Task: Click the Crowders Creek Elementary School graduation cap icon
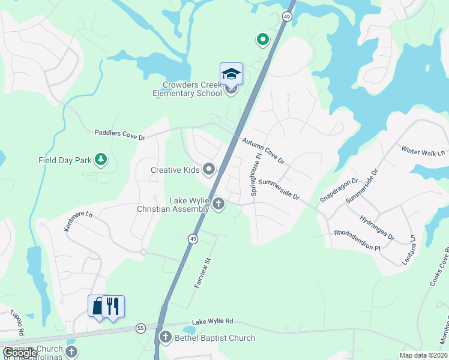(231, 74)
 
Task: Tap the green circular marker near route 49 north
(262, 40)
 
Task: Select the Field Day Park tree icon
(103, 160)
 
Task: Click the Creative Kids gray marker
(209, 170)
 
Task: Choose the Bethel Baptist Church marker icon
(165, 338)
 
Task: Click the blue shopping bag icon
(97, 306)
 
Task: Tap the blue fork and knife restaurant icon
(113, 306)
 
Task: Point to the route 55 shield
(140, 328)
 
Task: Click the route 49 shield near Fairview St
(193, 239)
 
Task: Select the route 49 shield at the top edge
(288, 17)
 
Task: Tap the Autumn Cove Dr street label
(263, 152)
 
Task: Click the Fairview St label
(204, 274)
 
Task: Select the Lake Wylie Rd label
(213, 322)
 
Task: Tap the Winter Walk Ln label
(423, 152)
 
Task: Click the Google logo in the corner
(20, 353)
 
